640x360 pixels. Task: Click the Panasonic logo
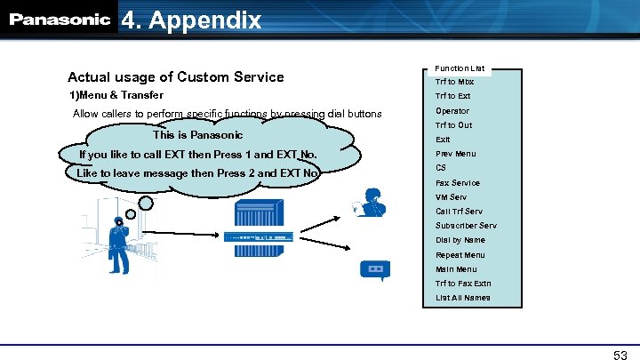point(60,20)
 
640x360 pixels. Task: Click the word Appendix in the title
point(206,20)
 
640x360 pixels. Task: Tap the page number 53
point(620,355)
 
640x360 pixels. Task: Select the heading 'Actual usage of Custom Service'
point(176,76)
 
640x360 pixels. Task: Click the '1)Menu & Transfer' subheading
point(116,95)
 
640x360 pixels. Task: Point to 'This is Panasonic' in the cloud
point(197,135)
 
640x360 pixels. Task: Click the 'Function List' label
point(460,68)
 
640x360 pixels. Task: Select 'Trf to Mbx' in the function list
point(454,82)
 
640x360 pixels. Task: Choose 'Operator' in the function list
point(452,111)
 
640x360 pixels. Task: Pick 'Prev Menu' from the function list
point(455,154)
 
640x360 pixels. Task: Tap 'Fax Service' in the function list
point(457,182)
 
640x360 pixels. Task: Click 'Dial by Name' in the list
point(460,240)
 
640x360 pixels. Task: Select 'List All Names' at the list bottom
point(462,298)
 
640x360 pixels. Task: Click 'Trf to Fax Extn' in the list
point(463,284)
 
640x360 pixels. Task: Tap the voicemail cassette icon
point(374,268)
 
